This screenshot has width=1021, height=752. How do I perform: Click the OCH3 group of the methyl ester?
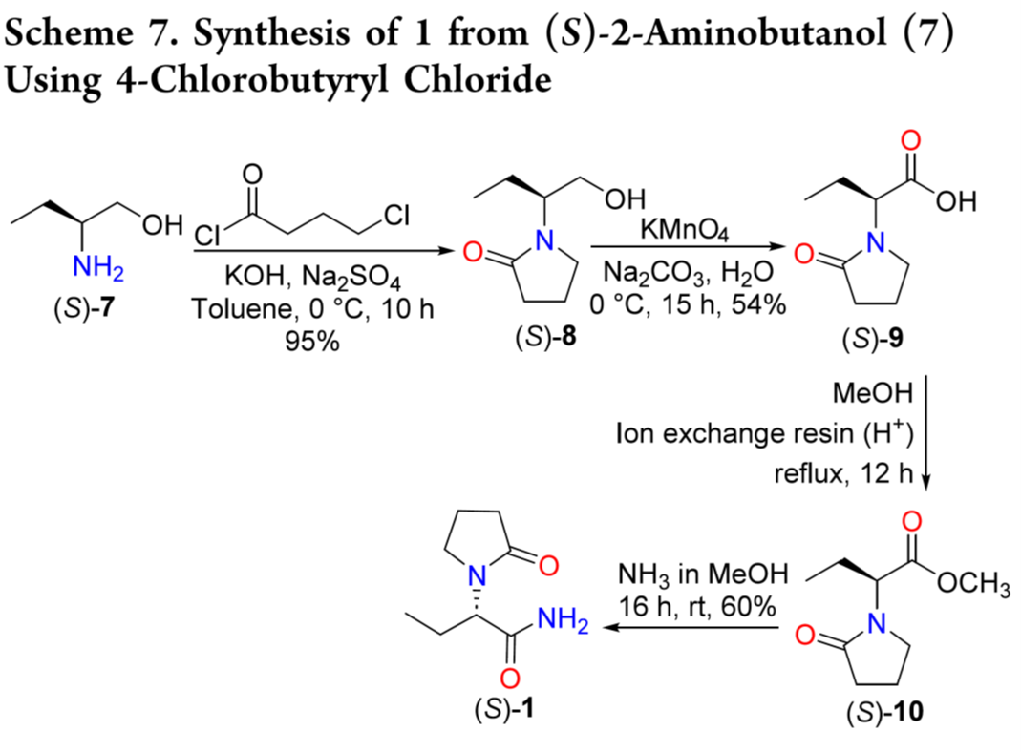(x=975, y=583)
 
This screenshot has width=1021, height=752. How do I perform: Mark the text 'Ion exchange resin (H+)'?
(x=767, y=434)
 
